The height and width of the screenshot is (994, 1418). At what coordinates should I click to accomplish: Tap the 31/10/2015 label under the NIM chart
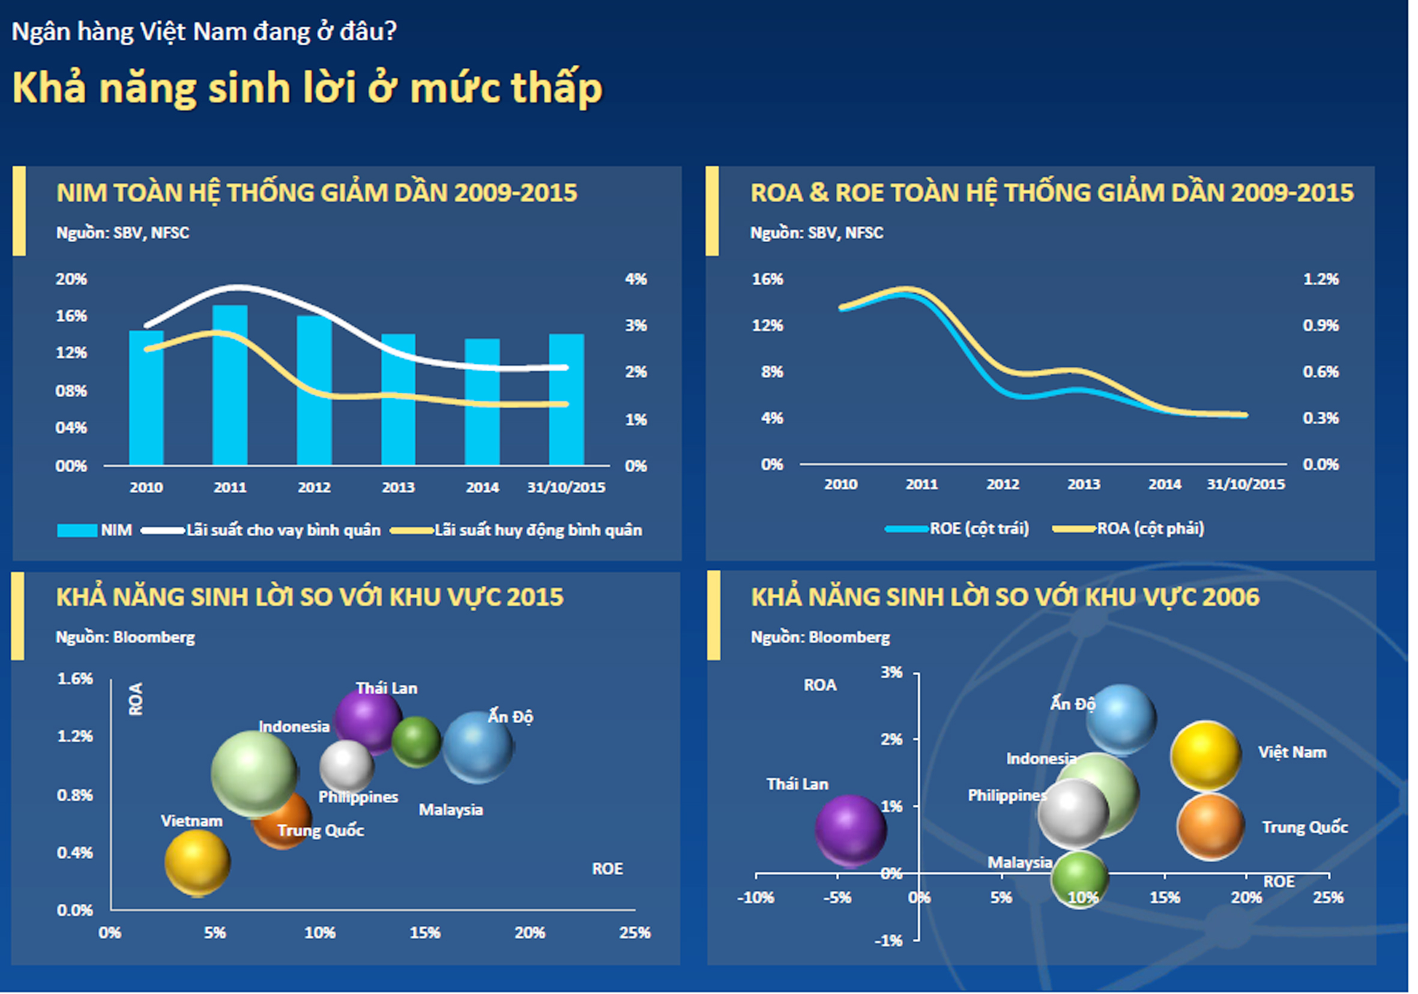coord(566,488)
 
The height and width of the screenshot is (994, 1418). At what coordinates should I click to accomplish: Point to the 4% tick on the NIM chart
coord(636,279)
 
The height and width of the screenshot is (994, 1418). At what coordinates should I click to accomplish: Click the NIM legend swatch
coord(77,530)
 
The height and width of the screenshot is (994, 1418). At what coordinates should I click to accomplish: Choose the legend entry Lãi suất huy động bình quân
coord(537,530)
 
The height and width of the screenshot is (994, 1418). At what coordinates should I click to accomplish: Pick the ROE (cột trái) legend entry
coord(979,529)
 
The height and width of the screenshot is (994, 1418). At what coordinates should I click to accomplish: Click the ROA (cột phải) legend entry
coord(1150,529)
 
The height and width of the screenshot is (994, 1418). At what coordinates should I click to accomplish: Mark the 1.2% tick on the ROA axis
coord(1320,279)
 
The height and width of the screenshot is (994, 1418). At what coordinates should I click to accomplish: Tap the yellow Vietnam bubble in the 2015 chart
coord(198,862)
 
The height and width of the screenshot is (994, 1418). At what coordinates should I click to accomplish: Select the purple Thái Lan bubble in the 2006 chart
coord(851,829)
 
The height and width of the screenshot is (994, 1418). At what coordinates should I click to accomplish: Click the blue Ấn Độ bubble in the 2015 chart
coord(478,747)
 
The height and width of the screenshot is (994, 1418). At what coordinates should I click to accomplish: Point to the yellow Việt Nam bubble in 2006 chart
coord(1205,756)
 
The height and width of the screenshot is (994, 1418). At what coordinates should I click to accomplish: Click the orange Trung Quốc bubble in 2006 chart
coord(1210,826)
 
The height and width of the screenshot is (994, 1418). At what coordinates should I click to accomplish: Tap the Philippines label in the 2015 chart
coord(358,797)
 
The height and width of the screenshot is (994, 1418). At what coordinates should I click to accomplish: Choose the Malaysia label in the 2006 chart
coord(1019,862)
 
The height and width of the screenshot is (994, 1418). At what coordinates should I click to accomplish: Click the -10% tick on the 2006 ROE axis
coord(755,898)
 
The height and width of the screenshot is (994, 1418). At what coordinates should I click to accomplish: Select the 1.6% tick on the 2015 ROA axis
coord(74,679)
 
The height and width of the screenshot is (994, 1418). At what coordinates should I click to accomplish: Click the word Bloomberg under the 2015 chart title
coord(154,637)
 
